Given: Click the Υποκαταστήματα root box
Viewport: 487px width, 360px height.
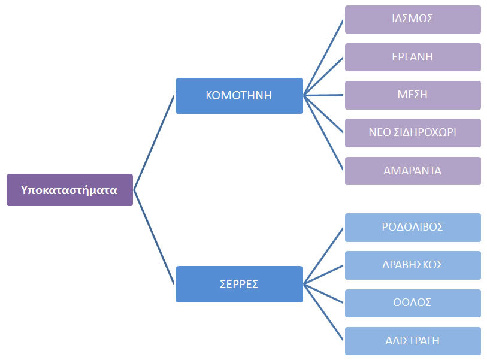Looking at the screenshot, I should coord(69,190).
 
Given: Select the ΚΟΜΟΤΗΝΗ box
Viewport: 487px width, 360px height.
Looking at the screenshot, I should coord(239,95).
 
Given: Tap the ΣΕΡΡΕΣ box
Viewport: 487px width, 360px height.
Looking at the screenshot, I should coord(239,284).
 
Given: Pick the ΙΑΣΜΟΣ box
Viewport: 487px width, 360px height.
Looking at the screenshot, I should coord(413,19).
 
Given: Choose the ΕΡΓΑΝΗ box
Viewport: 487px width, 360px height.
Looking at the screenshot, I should coord(413,57).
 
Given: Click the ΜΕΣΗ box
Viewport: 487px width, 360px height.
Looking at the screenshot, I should coord(413,95).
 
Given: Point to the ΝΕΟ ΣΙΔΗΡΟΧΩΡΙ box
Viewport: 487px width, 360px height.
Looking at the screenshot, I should coord(413,132).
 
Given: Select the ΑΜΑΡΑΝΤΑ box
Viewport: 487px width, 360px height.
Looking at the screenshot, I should coord(413,171).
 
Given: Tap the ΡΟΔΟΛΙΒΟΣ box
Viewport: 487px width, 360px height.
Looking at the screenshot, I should coord(413,227).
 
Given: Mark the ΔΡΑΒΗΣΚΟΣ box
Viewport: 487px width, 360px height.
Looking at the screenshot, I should coord(413,265).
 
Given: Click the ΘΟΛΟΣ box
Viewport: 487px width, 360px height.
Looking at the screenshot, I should coord(413,303).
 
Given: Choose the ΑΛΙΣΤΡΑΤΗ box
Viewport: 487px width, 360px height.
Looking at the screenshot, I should coord(413,341).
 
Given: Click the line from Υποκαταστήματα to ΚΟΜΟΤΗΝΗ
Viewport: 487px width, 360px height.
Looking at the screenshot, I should coord(154,143).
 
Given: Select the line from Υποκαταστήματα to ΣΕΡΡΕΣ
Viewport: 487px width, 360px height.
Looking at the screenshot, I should coord(154,237).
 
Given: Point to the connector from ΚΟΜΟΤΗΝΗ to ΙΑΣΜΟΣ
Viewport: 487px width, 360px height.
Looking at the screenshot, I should coord(324,58).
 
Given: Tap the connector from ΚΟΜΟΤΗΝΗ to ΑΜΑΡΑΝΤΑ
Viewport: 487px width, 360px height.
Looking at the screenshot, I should coord(324,133).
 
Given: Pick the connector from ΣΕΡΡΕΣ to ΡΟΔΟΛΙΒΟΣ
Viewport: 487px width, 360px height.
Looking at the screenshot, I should coord(324,256).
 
